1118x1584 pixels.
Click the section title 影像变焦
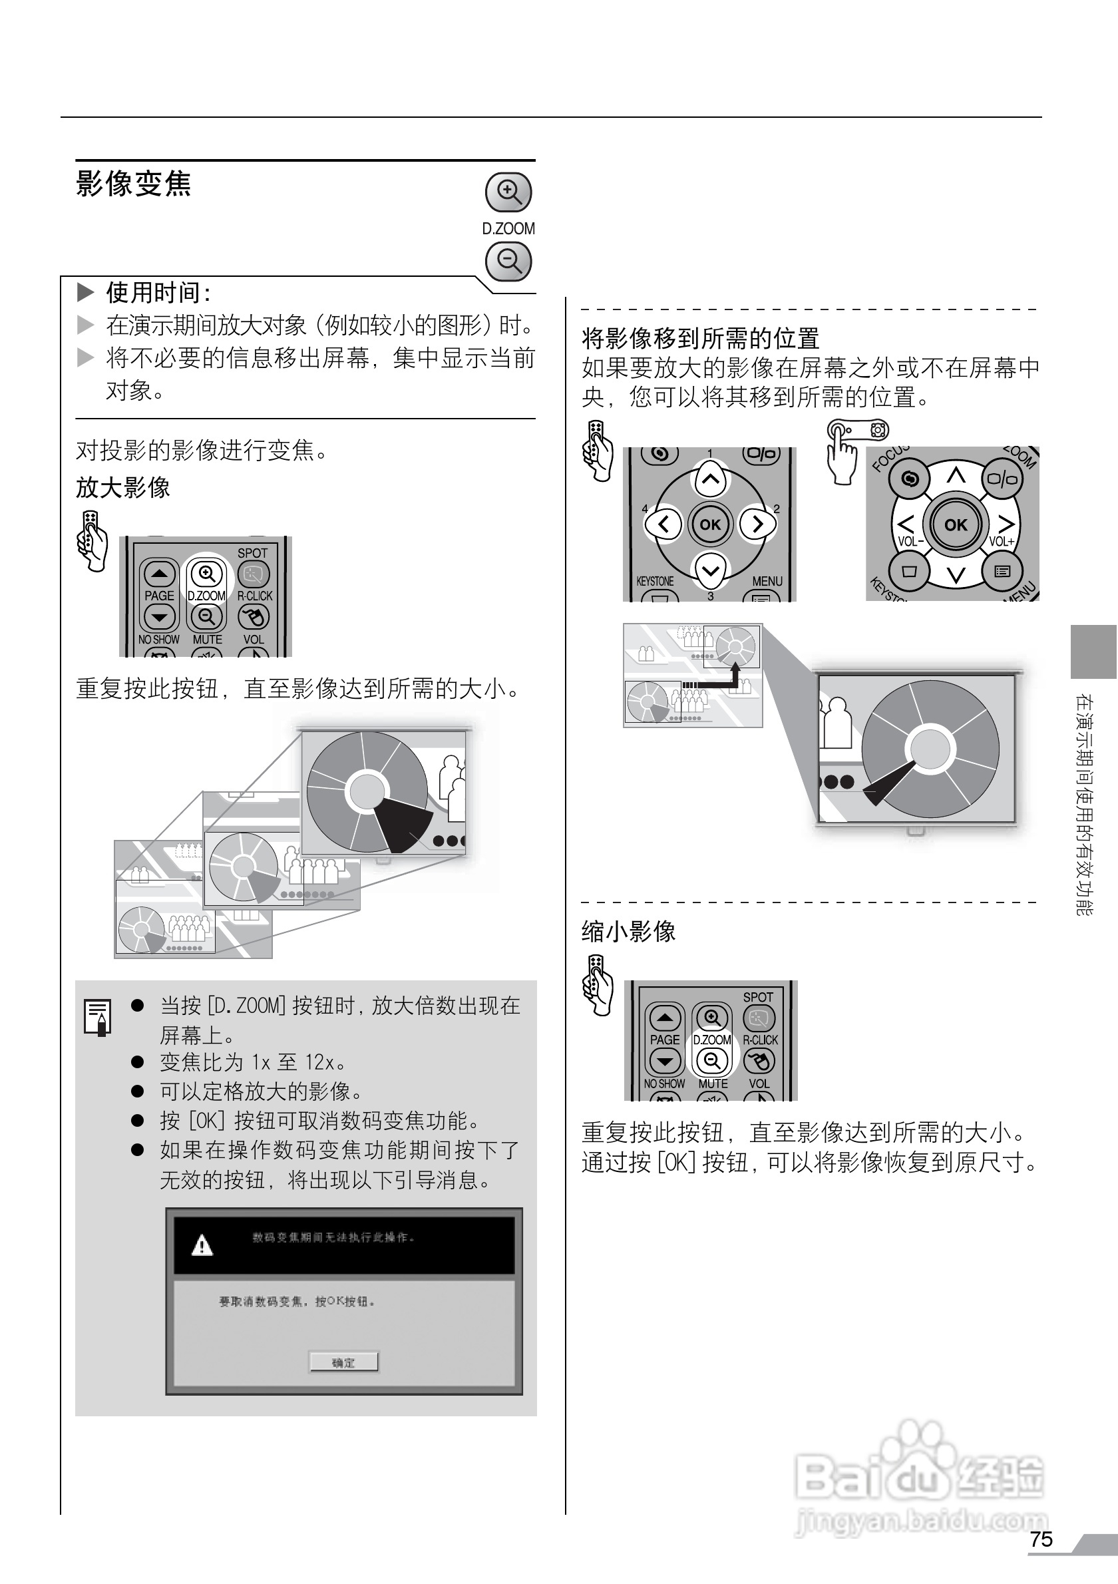tap(133, 184)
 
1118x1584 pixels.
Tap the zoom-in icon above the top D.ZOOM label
tap(509, 191)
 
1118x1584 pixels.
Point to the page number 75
tap(1041, 1539)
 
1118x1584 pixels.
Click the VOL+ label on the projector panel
tap(1002, 542)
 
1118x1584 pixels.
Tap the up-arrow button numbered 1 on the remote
tap(710, 479)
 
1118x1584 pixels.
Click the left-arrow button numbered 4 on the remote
tap(663, 524)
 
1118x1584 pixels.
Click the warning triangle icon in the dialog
tap(202, 1245)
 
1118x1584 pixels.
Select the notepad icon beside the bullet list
tap(97, 1017)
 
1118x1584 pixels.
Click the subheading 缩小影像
tap(628, 931)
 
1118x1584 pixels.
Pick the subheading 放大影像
tap(122, 488)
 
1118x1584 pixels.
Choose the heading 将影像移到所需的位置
tap(700, 338)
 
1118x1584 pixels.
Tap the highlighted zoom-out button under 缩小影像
tap(713, 1060)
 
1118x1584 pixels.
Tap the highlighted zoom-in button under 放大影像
tap(206, 573)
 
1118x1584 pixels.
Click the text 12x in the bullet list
tap(319, 1062)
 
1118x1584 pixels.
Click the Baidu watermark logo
tap(920, 1478)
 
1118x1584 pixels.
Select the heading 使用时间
tap(158, 293)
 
